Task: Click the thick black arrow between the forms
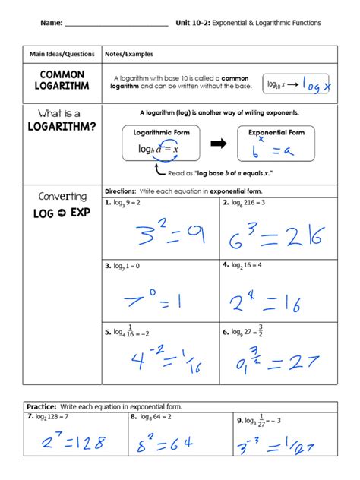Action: click(x=219, y=142)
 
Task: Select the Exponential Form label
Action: click(x=276, y=132)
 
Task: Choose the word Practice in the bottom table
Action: click(x=42, y=406)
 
